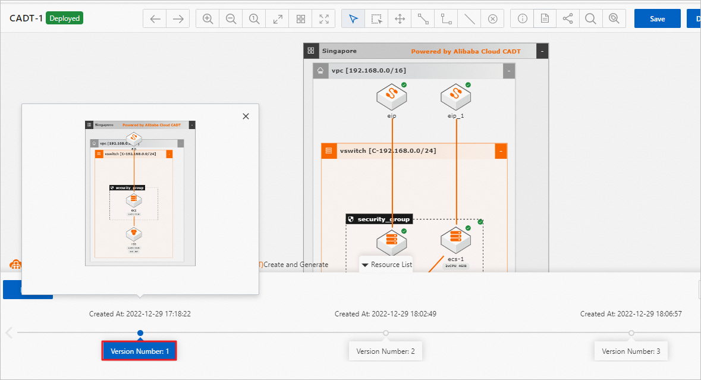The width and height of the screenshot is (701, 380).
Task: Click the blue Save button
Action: pos(657,18)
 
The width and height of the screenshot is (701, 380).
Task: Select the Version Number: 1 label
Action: pos(140,351)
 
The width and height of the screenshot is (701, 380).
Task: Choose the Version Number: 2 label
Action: pos(385,351)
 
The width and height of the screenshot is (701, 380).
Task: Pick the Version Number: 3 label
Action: pos(631,351)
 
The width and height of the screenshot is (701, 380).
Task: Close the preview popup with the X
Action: pos(246,117)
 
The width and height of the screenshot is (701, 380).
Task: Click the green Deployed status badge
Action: pos(65,18)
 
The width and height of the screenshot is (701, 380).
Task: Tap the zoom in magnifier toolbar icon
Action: pos(208,18)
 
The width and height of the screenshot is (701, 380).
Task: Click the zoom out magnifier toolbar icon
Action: pos(231,18)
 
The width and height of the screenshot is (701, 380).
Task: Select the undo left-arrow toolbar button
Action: pos(155,18)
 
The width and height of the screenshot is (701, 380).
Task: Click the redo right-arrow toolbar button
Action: pos(178,18)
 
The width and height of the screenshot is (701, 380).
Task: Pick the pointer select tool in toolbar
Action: pos(354,18)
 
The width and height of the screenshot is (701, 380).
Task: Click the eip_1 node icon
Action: pos(455,95)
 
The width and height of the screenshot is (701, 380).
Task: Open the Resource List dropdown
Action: pos(386,265)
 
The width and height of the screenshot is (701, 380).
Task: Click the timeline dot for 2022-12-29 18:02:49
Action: pos(386,333)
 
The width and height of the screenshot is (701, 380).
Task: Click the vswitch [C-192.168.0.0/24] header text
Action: pos(388,151)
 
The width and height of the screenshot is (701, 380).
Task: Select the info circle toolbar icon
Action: pos(522,18)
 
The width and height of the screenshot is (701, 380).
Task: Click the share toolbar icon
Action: pos(568,18)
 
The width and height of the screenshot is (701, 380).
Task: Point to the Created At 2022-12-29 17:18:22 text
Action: pos(140,314)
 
